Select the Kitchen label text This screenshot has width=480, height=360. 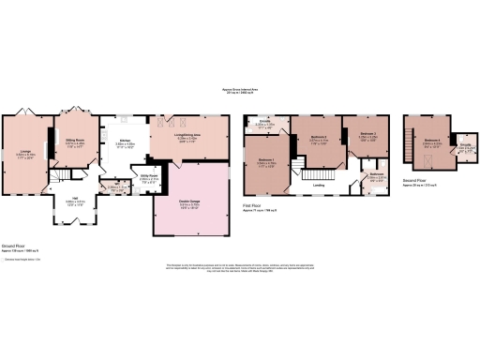pos(124,142)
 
